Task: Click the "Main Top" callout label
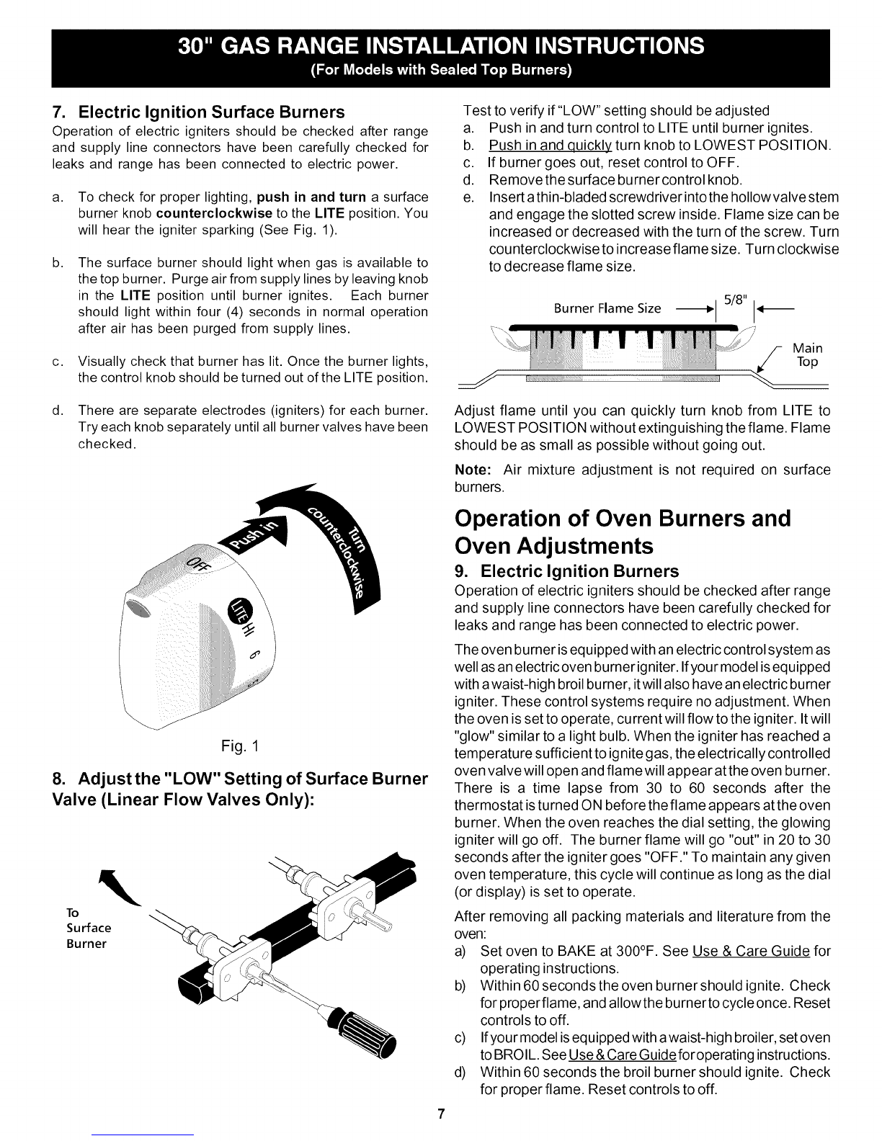(807, 355)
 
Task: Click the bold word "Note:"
(473, 470)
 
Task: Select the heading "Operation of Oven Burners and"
(623, 519)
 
